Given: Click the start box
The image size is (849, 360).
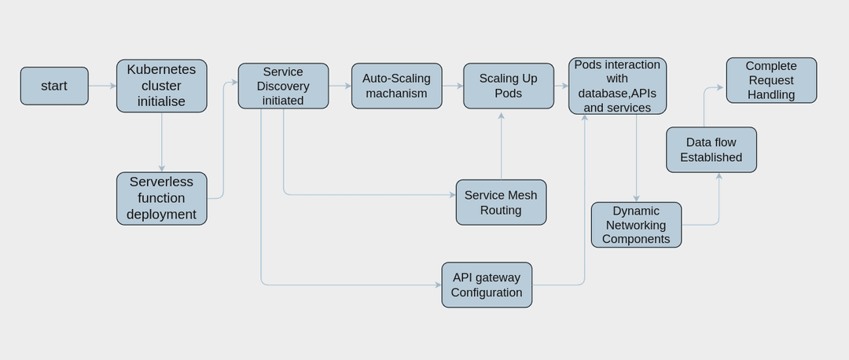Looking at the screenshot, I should pos(54,86).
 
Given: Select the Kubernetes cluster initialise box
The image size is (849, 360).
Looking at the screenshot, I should pos(162,86).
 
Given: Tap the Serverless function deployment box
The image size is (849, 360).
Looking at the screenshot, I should pos(162,198).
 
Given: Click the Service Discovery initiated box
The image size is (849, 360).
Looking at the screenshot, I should pos(283,86).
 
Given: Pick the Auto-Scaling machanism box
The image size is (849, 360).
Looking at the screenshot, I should pos(396,86).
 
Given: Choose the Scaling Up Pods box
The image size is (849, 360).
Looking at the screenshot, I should pos(509,86).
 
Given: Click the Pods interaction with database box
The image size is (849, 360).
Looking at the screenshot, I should pos(617,86).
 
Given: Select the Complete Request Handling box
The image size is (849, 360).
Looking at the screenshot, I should pos(771,80).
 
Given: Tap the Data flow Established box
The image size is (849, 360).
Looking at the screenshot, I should pos(711,149).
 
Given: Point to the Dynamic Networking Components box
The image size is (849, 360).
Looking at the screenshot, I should pos(636,225).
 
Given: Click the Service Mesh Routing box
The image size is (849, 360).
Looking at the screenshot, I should pos(501,202).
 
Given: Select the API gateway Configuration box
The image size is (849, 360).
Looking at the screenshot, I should pos(487,285).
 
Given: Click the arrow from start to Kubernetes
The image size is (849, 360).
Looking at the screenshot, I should pos(102,86).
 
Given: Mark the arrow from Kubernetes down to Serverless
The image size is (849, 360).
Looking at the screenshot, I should pos(162,141).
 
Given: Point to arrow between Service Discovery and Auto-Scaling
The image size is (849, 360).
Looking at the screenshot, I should pos(340,86).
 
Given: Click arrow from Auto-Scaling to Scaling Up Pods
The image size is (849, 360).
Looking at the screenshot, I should pos(452,86).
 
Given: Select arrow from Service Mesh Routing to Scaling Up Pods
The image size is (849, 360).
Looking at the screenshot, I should pos(501,145).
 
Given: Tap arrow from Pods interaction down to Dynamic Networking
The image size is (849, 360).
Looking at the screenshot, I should pos(636,157).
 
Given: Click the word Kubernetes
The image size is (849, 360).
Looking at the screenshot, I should pos(161,69).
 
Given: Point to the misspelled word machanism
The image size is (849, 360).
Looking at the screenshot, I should pos(396,94).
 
